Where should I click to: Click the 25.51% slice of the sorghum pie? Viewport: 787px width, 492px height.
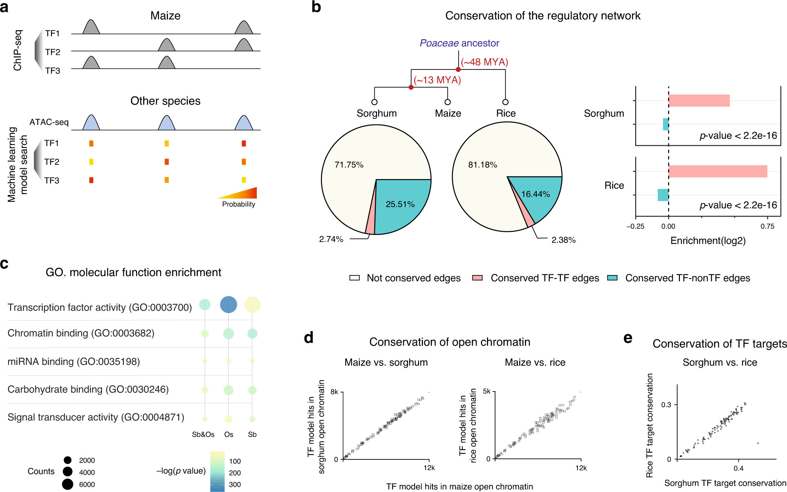click(400, 204)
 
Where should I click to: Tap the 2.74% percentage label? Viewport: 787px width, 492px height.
click(331, 239)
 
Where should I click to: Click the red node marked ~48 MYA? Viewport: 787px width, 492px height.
click(458, 69)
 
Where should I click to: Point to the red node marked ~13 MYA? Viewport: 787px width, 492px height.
click(411, 87)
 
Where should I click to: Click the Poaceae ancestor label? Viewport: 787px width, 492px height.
click(459, 43)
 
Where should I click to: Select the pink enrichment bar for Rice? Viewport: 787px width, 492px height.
click(718, 171)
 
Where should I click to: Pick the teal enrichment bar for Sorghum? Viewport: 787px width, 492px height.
click(666, 124)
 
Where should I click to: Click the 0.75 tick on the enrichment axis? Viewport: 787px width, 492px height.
click(767, 226)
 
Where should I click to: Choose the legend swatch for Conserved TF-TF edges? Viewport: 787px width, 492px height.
click(477, 278)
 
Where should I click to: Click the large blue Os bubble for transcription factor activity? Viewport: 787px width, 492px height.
click(228, 305)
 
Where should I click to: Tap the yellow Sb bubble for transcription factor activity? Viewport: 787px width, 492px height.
click(252, 305)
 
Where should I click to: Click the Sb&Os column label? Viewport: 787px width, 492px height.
click(203, 434)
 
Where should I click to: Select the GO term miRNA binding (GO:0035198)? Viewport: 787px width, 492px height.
click(74, 361)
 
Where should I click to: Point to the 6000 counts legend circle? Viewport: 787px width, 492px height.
click(67, 485)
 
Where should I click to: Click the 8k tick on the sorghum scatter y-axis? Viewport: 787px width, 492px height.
click(334, 392)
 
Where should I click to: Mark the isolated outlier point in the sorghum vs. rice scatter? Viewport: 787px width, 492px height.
click(758, 443)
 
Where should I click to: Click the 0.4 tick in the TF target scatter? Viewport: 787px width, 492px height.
click(738, 468)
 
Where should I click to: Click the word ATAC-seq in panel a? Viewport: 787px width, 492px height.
click(49, 122)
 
